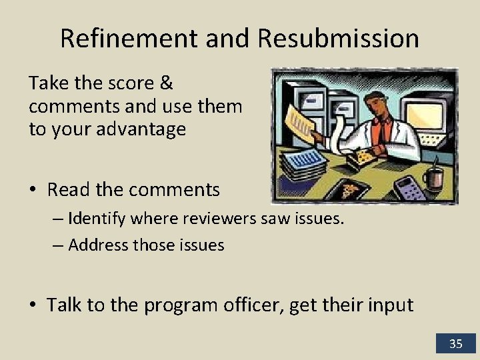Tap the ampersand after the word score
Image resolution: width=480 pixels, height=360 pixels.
(167, 85)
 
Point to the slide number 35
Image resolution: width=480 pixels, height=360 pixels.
(456, 343)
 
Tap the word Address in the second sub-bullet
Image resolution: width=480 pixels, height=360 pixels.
(93, 245)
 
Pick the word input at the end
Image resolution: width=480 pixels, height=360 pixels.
(391, 305)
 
